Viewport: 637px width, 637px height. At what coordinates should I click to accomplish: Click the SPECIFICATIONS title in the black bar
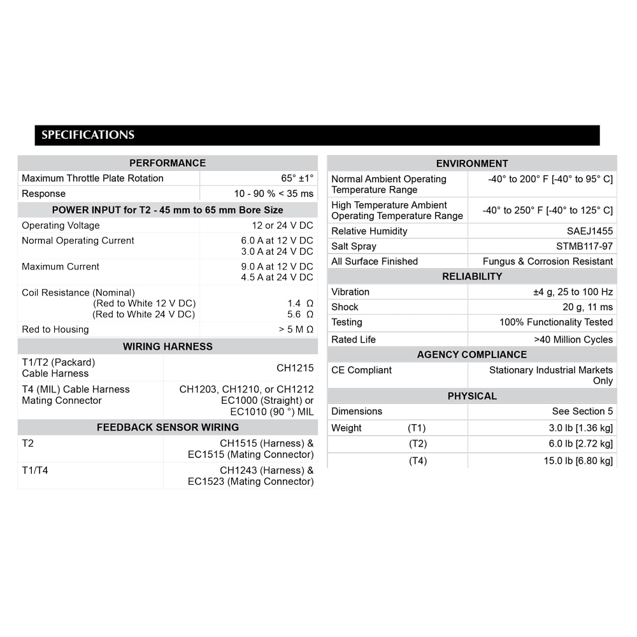(x=88, y=135)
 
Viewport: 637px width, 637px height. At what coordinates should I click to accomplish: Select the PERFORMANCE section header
(x=168, y=163)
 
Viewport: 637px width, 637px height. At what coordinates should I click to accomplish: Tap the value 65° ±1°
(x=297, y=178)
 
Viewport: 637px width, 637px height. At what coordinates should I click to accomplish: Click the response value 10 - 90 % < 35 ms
(x=274, y=194)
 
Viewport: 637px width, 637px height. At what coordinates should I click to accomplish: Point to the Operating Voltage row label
(x=61, y=225)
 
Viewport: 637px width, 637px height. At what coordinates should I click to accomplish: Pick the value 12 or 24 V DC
(x=282, y=225)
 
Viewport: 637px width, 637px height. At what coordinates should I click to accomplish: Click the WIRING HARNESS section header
(x=168, y=347)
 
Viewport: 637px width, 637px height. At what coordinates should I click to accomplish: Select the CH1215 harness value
(x=295, y=368)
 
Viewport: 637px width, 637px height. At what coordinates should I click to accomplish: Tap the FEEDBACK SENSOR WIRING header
(x=168, y=427)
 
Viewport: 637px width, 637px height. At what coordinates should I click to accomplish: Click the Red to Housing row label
(x=55, y=329)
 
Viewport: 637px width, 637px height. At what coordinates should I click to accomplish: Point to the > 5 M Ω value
(x=296, y=329)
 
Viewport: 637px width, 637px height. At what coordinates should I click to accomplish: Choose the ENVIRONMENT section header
(x=472, y=164)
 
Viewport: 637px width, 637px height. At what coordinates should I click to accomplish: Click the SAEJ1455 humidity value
(x=590, y=231)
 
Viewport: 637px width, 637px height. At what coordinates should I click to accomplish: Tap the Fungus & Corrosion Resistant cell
(x=548, y=261)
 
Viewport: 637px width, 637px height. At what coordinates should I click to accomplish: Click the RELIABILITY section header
(x=472, y=276)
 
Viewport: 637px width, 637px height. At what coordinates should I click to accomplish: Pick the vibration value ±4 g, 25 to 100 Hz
(x=573, y=292)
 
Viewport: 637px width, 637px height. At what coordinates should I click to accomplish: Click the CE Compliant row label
(x=361, y=370)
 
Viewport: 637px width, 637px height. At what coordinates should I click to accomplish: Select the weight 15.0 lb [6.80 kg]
(x=578, y=461)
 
